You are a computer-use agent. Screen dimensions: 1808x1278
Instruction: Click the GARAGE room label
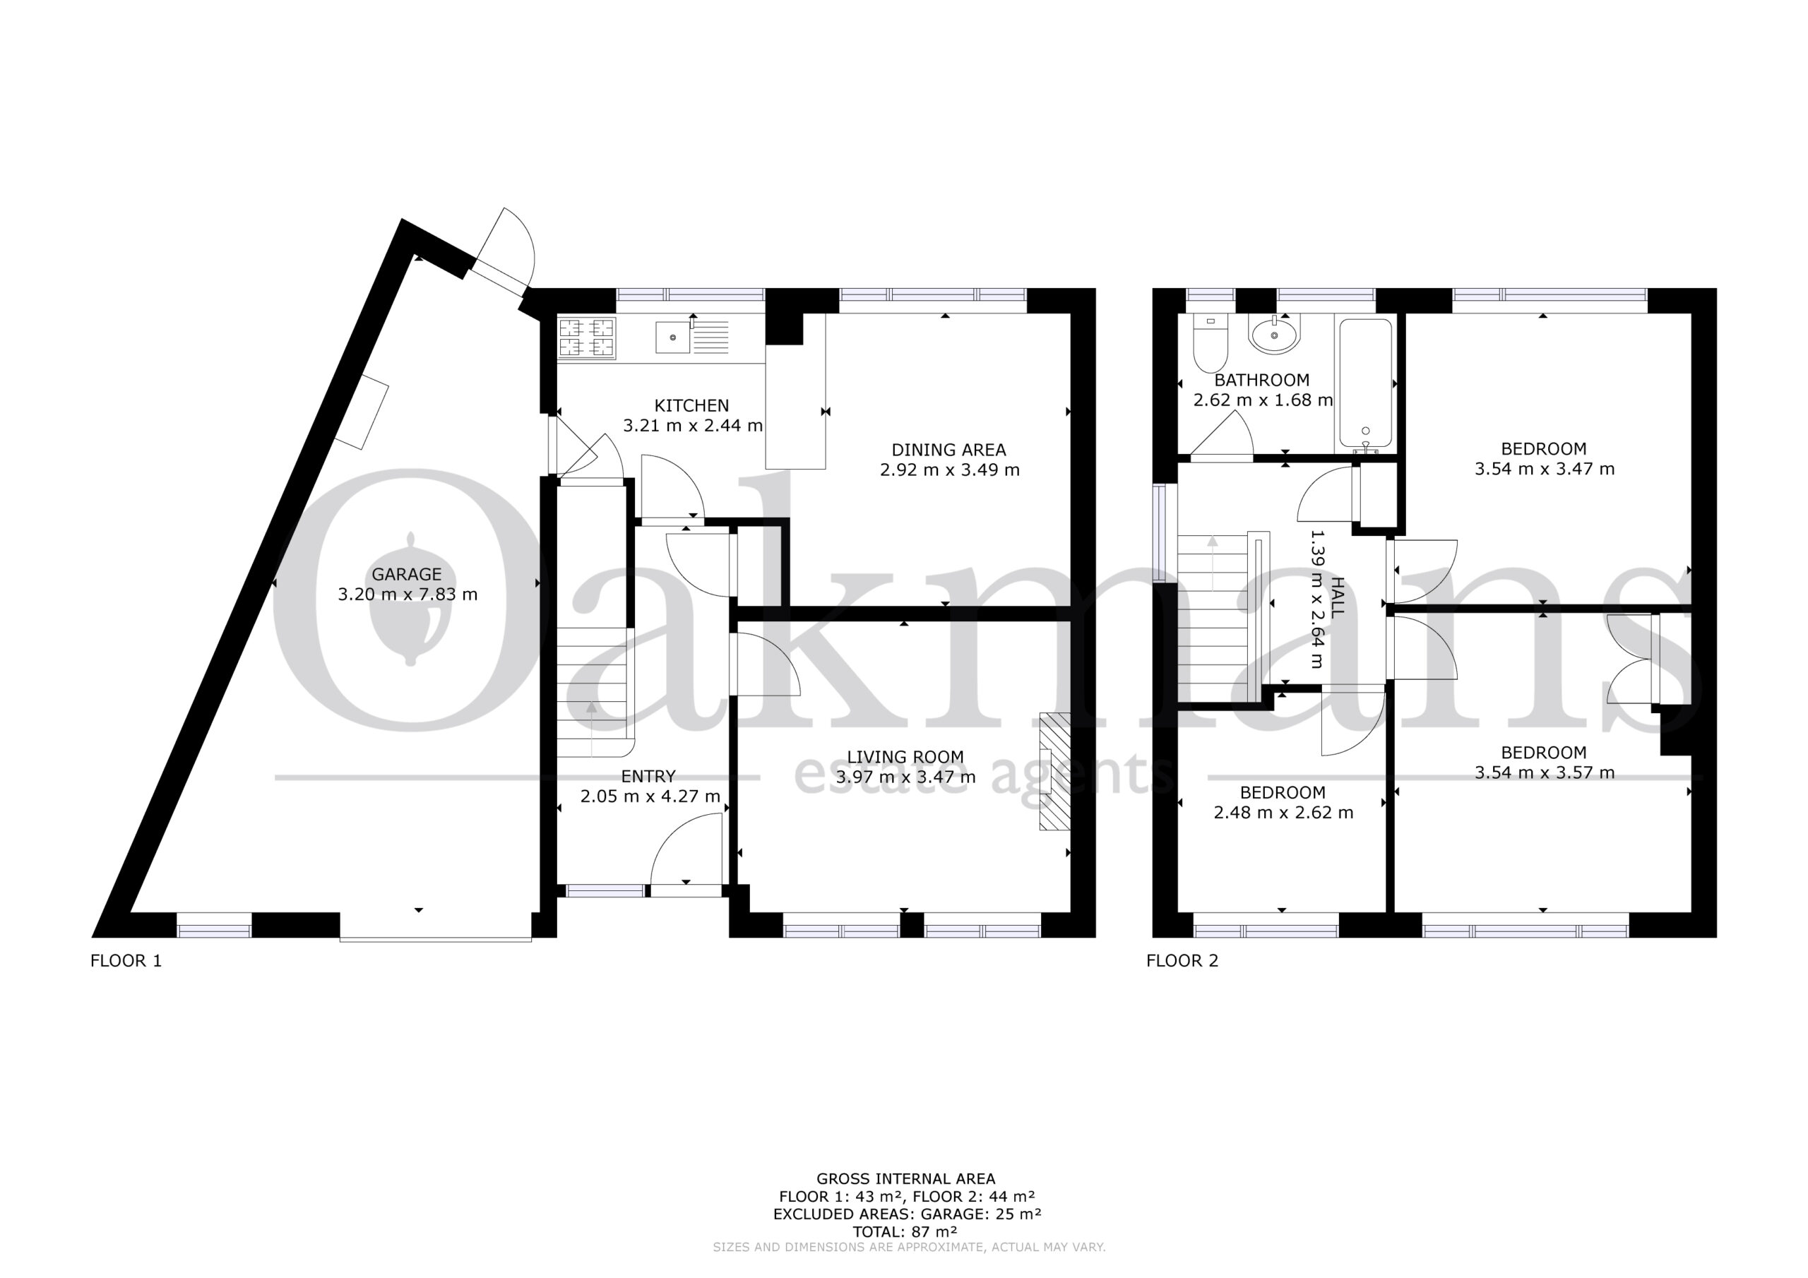406,574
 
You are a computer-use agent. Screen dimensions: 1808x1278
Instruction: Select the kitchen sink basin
672,338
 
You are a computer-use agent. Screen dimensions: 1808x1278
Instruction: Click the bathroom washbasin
1274,334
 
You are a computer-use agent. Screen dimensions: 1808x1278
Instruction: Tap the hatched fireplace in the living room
1055,771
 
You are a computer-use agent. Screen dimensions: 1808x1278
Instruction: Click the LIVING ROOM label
905,757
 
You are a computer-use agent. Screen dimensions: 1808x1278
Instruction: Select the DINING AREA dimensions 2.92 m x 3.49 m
949,470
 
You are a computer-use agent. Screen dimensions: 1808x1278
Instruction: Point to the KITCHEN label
691,405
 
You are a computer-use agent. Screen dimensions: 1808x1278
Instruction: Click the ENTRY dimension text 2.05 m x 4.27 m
650,796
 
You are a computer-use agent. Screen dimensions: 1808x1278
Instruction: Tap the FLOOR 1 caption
126,961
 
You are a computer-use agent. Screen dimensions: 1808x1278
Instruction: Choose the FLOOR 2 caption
1182,961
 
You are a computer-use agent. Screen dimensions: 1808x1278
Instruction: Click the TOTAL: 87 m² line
905,1231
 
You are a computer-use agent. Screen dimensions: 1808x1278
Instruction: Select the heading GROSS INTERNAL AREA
905,1178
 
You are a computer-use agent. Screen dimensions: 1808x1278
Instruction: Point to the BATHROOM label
1261,381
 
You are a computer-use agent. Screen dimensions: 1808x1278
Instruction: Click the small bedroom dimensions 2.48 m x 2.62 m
1283,812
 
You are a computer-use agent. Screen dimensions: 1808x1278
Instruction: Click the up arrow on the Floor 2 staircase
1213,563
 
